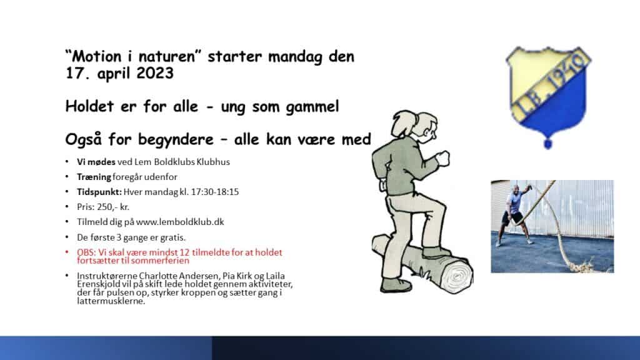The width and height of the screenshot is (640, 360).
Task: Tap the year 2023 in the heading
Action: coord(155,74)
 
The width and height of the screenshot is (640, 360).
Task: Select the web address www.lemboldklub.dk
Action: coord(180,222)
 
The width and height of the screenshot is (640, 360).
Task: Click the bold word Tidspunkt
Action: coord(99,192)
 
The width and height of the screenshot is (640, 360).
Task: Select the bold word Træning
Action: coord(94,177)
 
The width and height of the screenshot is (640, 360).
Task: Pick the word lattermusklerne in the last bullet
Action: coord(111,301)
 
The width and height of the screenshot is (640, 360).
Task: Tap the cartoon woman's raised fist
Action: coord(443,158)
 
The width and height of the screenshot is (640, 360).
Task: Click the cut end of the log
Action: coord(457,276)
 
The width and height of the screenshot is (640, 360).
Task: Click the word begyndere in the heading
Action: coord(176,140)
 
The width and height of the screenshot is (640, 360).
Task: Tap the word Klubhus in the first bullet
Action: coord(213,162)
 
